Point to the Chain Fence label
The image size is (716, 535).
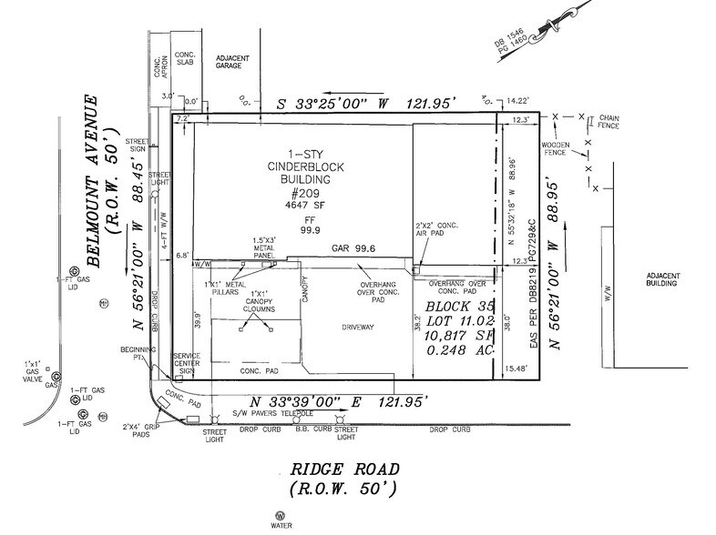(x=608, y=122)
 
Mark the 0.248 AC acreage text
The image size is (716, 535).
(x=456, y=347)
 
